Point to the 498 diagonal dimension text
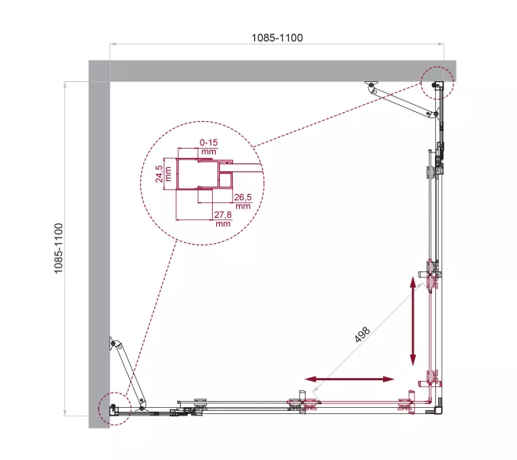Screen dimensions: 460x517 pos(362,338)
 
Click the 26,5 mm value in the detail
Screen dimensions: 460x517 pos(243,202)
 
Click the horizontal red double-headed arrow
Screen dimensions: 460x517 pos(350,379)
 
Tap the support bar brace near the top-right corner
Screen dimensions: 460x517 pos(401,100)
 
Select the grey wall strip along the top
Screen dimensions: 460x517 pos(260,70)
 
